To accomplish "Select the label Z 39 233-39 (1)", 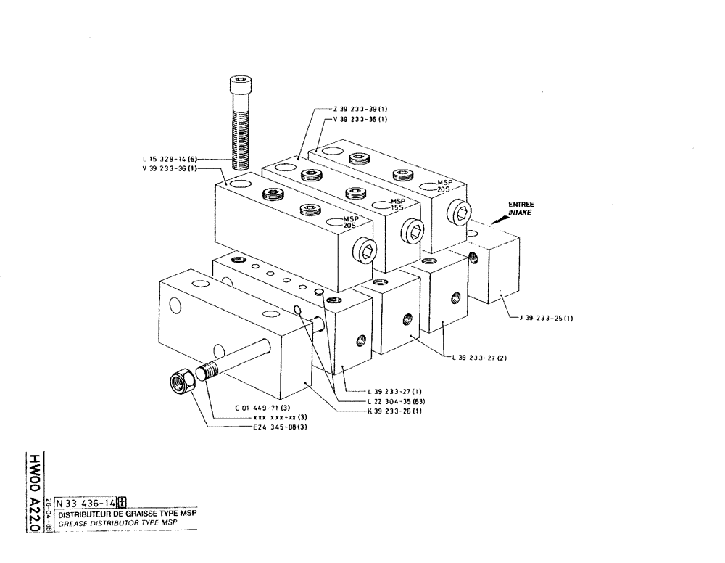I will click(x=360, y=109).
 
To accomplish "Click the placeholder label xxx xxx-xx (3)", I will click(x=280, y=417).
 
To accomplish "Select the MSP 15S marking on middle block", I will click(x=397, y=204).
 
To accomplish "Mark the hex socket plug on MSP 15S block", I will click(x=415, y=232).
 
